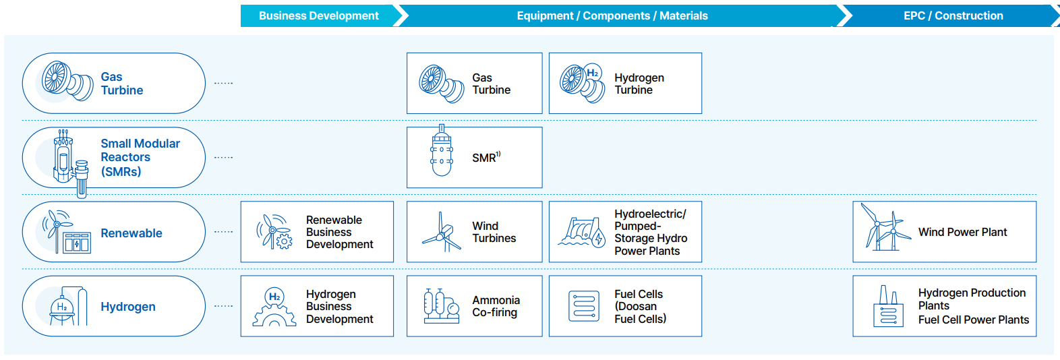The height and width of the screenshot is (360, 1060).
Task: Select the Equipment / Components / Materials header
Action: (x=612, y=16)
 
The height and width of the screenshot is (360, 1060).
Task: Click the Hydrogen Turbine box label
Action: (x=639, y=84)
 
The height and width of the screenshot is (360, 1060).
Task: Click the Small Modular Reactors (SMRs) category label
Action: (x=140, y=158)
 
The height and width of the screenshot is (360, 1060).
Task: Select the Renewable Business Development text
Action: (x=339, y=232)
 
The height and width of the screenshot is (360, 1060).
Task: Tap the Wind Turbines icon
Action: (x=442, y=232)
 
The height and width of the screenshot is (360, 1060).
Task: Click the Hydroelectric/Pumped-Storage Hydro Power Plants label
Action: (x=651, y=232)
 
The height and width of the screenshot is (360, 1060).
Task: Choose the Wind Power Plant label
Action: (x=962, y=233)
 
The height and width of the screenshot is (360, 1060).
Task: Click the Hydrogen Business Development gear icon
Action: (x=274, y=307)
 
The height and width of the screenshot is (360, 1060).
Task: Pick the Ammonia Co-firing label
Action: (x=496, y=306)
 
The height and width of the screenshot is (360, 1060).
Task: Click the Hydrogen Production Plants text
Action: (x=972, y=299)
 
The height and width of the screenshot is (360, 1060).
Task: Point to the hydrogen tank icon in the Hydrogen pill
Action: (x=68, y=306)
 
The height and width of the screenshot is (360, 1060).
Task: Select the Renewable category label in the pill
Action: (x=131, y=233)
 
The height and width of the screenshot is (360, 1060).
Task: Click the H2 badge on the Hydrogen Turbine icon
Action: (x=593, y=73)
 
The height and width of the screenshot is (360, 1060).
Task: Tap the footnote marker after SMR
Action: (x=498, y=154)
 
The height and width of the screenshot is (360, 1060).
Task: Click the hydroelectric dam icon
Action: (x=581, y=232)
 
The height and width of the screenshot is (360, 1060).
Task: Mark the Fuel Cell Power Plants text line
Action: (x=974, y=320)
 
